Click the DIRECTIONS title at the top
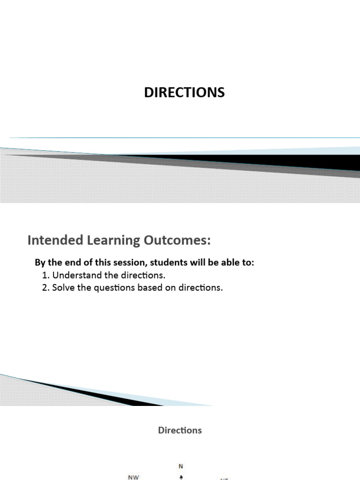(x=184, y=92)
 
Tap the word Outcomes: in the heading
(x=177, y=240)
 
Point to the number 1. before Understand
(x=45, y=275)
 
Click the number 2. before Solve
(x=45, y=287)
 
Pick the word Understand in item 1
(x=74, y=275)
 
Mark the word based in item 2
(x=149, y=287)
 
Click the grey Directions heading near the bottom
(x=180, y=430)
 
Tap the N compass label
(x=181, y=466)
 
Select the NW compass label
(x=134, y=477)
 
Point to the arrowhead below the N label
(x=181, y=476)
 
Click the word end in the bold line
(x=69, y=262)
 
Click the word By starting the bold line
(x=40, y=262)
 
